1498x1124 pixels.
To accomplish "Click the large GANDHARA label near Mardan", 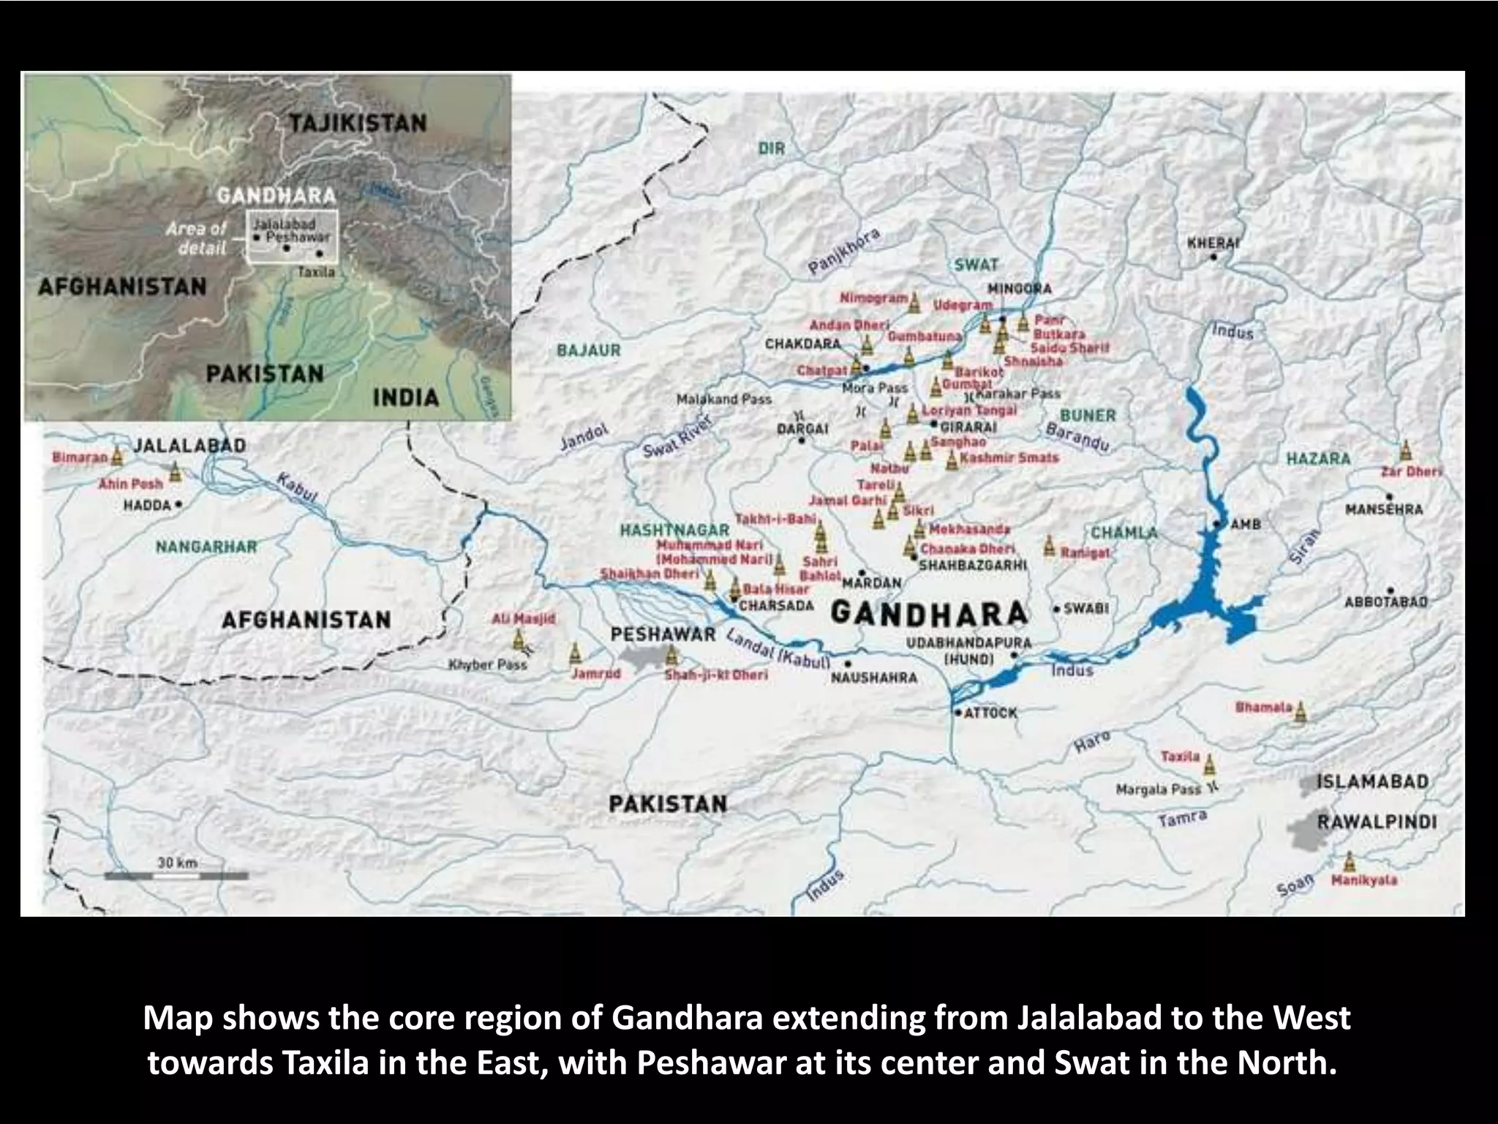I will tap(929, 613).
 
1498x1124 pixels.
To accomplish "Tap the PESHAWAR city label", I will tap(663, 634).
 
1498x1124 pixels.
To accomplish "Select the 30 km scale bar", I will tap(176, 875).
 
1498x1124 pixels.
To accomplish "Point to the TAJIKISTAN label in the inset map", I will tap(357, 123).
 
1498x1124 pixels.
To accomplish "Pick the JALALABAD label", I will tap(189, 446).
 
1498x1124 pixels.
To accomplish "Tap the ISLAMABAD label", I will tap(1372, 782).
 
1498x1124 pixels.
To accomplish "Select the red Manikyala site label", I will tap(1364, 880).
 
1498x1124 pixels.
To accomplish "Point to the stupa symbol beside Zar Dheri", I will tap(1405, 450).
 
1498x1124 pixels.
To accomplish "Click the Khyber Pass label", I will tap(487, 665).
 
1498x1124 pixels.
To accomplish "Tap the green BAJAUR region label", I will tap(588, 351).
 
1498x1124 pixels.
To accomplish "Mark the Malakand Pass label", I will tap(723, 400).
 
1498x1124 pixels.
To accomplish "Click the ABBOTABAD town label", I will tap(1385, 602).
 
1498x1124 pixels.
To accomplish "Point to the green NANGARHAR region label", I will tap(206, 547).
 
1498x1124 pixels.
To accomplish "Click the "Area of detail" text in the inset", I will tap(197, 239).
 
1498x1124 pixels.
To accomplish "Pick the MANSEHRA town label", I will tap(1384, 509).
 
